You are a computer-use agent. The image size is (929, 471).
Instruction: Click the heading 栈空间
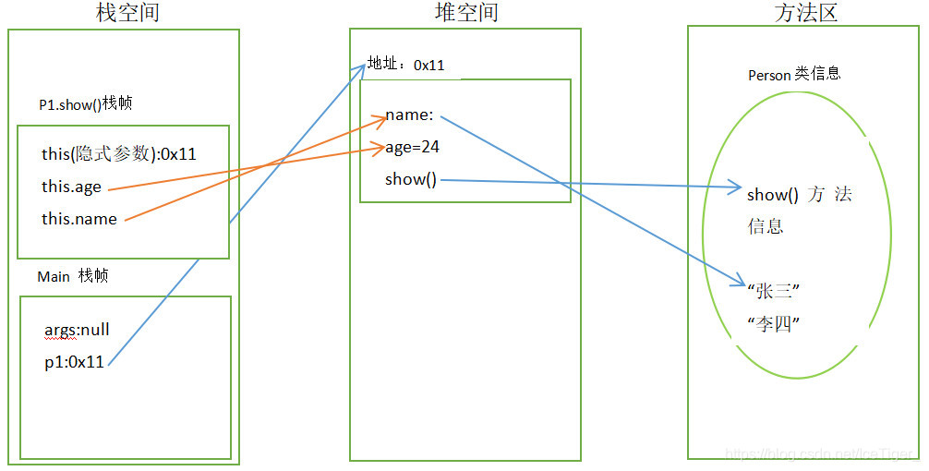coord(134,13)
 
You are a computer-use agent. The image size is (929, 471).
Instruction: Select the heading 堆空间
coord(466,12)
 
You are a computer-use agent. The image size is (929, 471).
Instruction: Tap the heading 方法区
coord(806,13)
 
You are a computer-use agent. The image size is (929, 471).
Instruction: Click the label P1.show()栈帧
coord(87,103)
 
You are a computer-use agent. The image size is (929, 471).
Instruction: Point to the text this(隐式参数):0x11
coord(119,153)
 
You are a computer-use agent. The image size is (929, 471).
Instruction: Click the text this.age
coord(71,187)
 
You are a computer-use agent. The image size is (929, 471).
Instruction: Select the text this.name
coord(79,219)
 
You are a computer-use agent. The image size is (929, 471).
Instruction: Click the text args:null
coord(78,330)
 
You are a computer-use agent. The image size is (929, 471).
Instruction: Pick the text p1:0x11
coord(74,362)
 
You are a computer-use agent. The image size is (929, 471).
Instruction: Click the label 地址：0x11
coord(406,65)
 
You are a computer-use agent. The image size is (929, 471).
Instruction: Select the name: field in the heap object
coord(409,115)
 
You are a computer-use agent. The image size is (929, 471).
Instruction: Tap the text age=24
coord(413,146)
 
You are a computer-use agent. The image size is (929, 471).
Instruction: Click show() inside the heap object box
coord(411,179)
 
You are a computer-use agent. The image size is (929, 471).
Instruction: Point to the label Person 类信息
coord(794,74)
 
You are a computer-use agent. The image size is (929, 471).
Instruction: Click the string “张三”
coord(773,292)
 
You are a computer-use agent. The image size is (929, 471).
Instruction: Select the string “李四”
coord(773,324)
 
